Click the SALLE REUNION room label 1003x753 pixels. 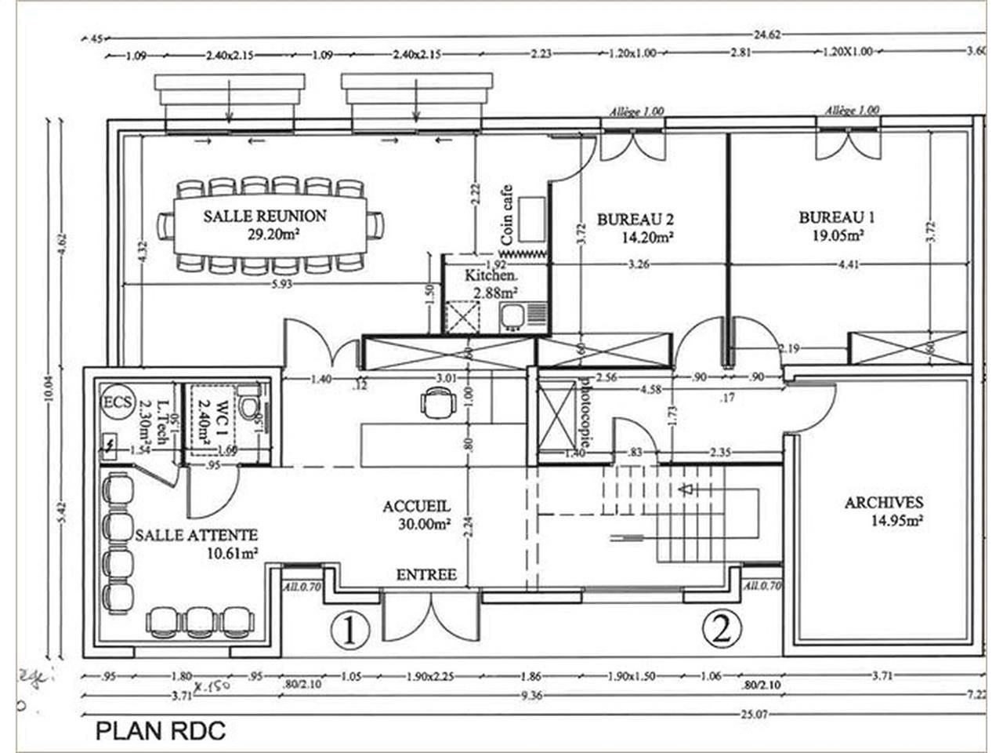point(265,216)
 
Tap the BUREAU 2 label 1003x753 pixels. point(635,220)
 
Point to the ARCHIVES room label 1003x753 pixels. point(883,503)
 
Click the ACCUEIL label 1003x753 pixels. point(416,507)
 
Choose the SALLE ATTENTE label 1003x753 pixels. point(196,535)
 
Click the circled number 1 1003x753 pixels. point(349,629)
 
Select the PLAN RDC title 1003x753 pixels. point(161,731)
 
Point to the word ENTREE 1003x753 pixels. point(426,575)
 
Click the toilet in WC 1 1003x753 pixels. point(249,402)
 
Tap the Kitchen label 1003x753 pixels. point(491,276)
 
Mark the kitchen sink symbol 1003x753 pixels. point(515,315)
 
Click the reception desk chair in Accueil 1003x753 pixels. point(436,403)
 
